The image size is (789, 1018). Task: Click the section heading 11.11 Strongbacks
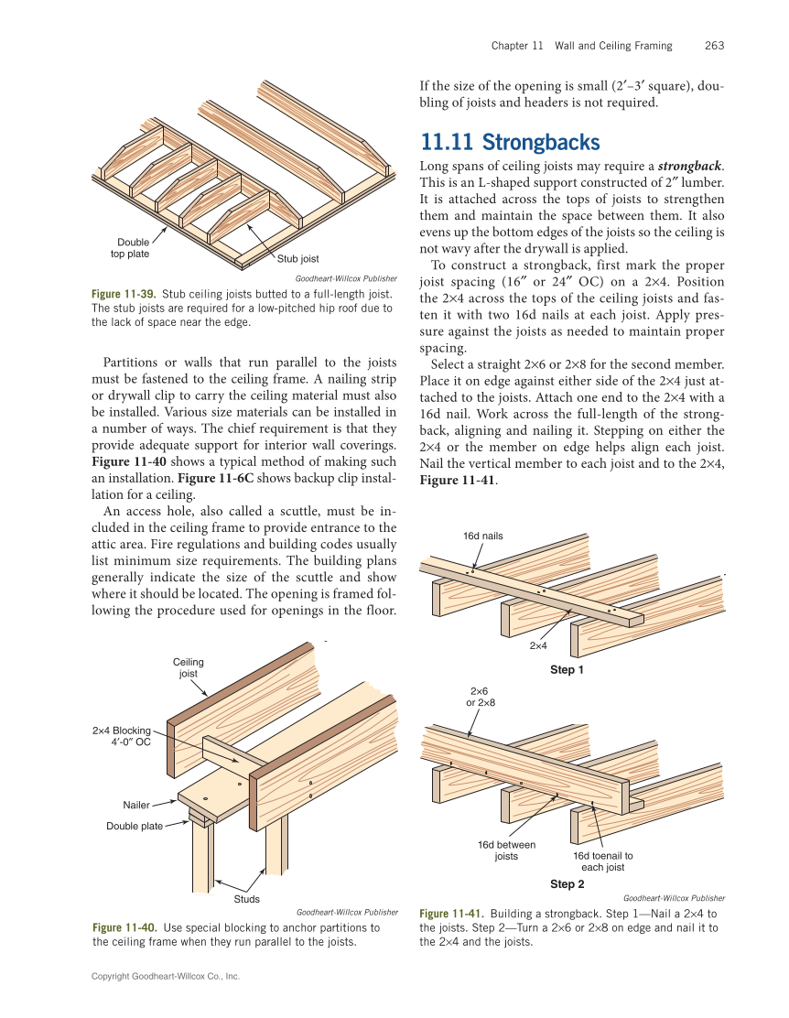point(510,142)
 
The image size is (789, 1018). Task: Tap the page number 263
point(715,45)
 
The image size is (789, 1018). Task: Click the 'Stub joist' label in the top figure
point(297,259)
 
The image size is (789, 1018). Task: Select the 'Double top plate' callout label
point(133,248)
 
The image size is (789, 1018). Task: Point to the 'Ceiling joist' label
point(188,667)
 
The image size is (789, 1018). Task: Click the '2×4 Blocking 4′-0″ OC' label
point(122,736)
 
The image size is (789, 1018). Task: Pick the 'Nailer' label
point(136,805)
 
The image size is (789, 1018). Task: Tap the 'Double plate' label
point(134,826)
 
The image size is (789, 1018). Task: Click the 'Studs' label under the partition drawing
point(247,899)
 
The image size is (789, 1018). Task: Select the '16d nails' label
point(482,536)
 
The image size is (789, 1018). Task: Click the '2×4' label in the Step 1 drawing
point(539,645)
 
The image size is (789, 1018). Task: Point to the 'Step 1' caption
point(567,670)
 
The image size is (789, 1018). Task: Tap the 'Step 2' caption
point(567,883)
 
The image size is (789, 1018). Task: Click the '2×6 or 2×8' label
point(481,697)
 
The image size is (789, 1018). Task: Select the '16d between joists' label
point(506,850)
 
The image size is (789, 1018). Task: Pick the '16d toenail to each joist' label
point(602,861)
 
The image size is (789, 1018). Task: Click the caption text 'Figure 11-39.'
point(124,294)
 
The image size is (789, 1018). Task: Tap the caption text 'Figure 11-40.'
point(124,928)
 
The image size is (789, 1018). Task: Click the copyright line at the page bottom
point(166,977)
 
